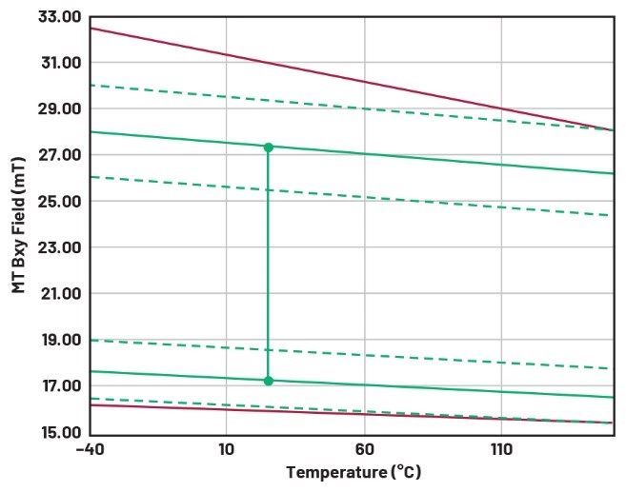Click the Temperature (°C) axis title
click(x=353, y=473)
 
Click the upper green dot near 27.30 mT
click(x=268, y=147)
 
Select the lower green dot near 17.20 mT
click(x=268, y=381)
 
